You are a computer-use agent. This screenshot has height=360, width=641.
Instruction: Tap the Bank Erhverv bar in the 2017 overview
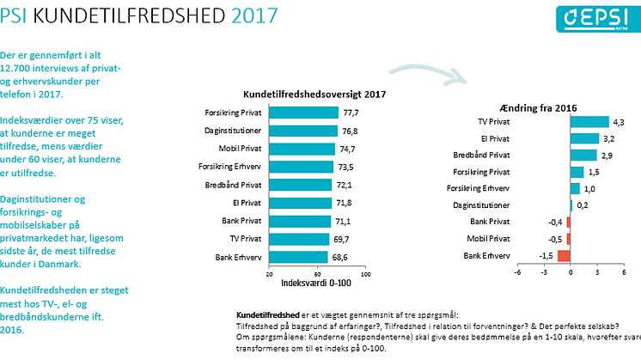click(298, 257)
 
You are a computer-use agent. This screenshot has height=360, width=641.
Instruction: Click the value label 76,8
click(352, 131)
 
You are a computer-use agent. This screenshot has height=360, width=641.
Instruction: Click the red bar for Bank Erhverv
click(564, 255)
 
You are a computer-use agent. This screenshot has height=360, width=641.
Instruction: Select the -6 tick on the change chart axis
click(517, 273)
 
